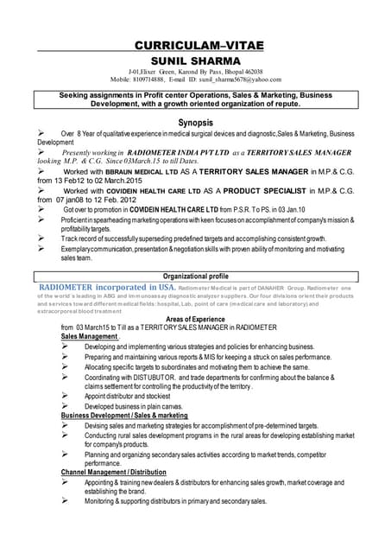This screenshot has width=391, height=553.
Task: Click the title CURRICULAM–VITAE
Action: (199, 45)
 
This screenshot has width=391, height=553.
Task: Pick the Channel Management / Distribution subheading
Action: (113, 473)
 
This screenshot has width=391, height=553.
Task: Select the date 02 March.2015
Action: (125, 181)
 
